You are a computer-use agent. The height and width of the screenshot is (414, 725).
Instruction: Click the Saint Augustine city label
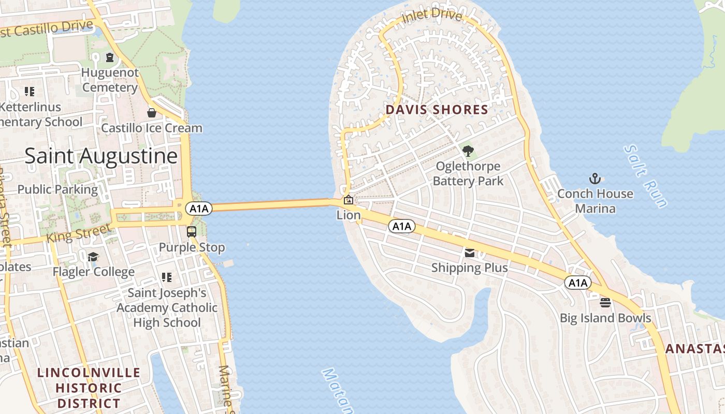pos(101,156)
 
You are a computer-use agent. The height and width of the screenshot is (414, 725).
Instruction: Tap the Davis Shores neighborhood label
pos(437,110)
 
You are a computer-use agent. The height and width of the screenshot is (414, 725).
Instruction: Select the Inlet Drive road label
pos(431,16)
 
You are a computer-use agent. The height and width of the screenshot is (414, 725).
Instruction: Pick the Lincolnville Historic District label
pos(89,388)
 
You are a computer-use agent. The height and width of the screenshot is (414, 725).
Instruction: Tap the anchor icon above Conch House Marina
pos(595,179)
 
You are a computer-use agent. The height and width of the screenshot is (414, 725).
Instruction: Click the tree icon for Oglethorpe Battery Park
pos(468,151)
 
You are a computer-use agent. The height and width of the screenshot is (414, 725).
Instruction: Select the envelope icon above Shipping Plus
pos(470,253)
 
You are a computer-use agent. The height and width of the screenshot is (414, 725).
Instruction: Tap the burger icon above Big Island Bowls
pos(605,303)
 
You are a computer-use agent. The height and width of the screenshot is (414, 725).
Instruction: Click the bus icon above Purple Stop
pos(192,232)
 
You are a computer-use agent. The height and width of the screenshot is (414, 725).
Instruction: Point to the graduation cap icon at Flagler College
pos(93,257)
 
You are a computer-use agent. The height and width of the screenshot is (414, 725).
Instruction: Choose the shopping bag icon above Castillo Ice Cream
pos(152,112)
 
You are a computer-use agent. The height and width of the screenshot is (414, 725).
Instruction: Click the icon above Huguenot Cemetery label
pos(110,57)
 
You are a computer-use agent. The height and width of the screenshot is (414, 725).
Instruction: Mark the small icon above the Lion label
pos(349,200)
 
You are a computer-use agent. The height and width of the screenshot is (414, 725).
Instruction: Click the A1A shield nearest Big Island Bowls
pos(577,283)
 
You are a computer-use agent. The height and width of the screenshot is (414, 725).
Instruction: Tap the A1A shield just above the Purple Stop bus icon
pos(199,209)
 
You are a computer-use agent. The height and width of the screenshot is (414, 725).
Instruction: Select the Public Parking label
pos(57,189)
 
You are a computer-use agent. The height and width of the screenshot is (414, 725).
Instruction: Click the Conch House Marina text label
pos(595,201)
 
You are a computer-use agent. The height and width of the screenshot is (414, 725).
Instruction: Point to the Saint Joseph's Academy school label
pos(167,307)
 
